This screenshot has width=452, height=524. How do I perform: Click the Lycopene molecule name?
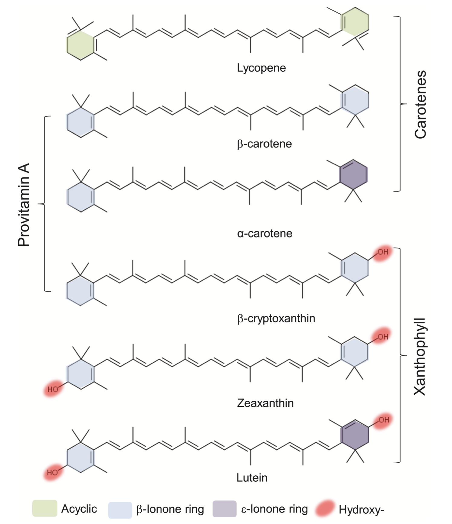tap(261, 68)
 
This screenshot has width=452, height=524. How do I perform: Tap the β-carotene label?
tap(264, 144)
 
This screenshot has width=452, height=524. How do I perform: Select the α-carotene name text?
tap(265, 233)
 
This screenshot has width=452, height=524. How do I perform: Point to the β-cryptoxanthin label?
tap(276, 319)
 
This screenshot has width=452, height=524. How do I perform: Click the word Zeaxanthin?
tap(265, 403)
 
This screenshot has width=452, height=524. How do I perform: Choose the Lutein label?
tap(252, 478)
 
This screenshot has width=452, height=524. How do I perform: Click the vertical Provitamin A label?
tap(24, 205)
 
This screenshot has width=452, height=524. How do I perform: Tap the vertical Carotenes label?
tap(421, 105)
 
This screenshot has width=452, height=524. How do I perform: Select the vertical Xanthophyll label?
tap(420, 357)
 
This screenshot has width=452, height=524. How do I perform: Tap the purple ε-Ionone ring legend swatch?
tap(224, 509)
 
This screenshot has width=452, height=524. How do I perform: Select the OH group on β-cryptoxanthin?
tap(382, 252)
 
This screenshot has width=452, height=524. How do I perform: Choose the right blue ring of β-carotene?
tap(355, 100)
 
